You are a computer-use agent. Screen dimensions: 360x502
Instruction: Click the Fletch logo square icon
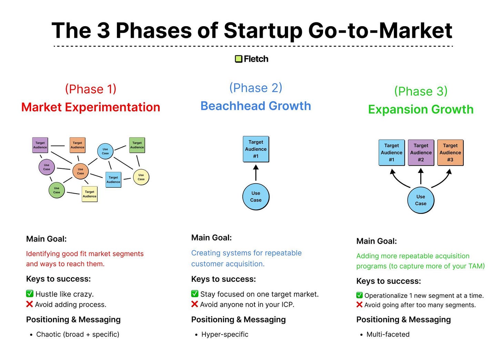[x=239, y=59]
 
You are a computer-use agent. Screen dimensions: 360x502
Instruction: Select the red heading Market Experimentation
[x=91, y=107]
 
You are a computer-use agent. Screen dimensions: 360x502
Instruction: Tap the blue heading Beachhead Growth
[x=255, y=106]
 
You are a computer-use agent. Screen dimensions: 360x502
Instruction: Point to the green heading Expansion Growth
[x=421, y=109]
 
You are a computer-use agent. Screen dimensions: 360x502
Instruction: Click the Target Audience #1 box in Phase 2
[x=256, y=149]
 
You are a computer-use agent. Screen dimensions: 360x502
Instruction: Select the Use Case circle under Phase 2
[x=256, y=197]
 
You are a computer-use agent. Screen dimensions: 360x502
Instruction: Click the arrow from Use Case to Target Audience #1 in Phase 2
[x=256, y=173]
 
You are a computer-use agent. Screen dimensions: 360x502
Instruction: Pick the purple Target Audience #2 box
[x=421, y=153]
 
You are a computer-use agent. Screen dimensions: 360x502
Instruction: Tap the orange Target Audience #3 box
[x=450, y=153]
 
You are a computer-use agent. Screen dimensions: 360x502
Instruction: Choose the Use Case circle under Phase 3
[x=421, y=200]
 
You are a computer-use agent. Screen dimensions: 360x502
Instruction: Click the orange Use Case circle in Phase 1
[x=80, y=171]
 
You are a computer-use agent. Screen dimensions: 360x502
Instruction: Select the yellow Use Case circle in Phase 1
[x=141, y=177]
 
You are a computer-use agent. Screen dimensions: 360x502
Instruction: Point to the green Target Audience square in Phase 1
[x=137, y=145]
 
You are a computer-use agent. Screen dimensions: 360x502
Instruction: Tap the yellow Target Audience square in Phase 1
[x=90, y=194]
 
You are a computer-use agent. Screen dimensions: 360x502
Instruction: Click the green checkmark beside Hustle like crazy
[x=30, y=294]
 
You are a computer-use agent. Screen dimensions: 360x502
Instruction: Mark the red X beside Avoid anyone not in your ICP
[x=195, y=304]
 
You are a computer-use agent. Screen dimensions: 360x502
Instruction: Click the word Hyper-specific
[x=225, y=334]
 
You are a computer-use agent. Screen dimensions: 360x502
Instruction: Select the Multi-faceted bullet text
[x=388, y=334]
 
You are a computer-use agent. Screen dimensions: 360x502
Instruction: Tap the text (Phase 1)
[x=91, y=89]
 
